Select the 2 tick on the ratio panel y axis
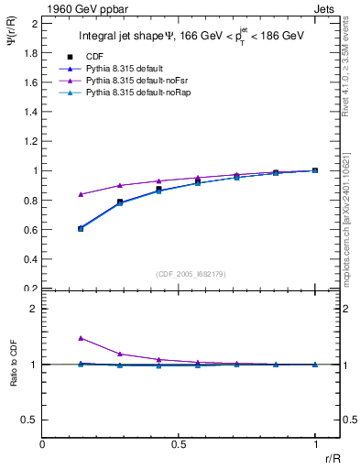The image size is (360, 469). (x=35, y=309)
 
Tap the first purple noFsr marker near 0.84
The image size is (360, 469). (x=81, y=194)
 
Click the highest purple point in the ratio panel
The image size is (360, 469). (x=81, y=338)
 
